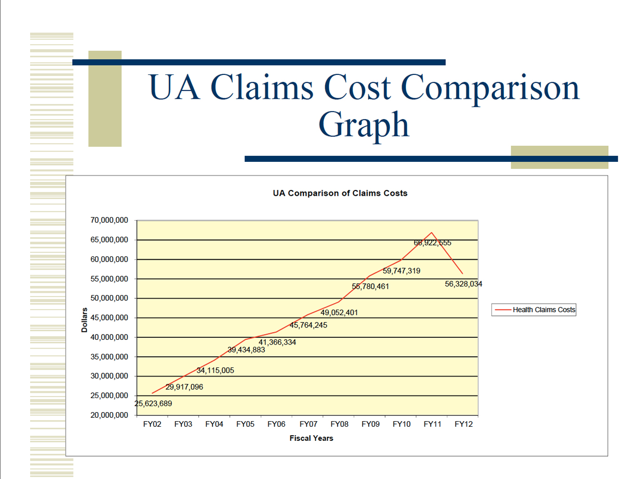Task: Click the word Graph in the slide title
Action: click(363, 125)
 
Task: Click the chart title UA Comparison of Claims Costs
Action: click(340, 193)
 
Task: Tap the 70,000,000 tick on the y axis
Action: click(109, 220)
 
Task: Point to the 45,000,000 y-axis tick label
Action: click(109, 318)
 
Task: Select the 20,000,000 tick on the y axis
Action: click(109, 415)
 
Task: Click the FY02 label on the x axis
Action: click(152, 424)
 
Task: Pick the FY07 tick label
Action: click(308, 424)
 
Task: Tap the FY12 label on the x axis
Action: click(463, 424)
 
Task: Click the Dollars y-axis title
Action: click(85, 320)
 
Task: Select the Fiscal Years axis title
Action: click(311, 438)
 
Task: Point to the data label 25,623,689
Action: click(153, 403)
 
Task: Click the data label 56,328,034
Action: click(463, 284)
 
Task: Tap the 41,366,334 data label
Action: click(277, 342)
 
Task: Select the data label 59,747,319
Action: click(401, 271)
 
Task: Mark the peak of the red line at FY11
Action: click(432, 232)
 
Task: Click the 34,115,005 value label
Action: click(215, 370)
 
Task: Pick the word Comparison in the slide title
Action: click(490, 88)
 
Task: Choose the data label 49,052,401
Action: click(339, 312)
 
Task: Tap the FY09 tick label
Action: click(370, 424)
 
